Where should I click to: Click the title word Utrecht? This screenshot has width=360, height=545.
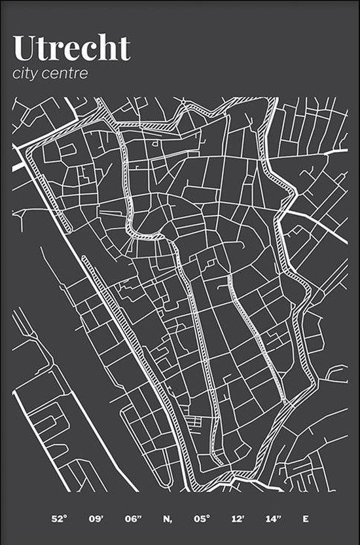pyautogui.click(x=71, y=48)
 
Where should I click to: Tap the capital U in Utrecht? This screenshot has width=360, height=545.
pyautogui.click(x=24, y=48)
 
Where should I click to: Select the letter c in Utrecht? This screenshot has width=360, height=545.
pyautogui.click(x=92, y=51)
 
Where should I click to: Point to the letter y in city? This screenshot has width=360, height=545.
pyautogui.click(x=34, y=75)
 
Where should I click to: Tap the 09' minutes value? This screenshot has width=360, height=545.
pyautogui.click(x=96, y=519)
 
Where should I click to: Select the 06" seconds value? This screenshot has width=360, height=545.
pyautogui.click(x=134, y=519)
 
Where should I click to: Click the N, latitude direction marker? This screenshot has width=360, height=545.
pyautogui.click(x=168, y=519)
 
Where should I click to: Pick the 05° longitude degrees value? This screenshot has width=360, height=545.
pyautogui.click(x=202, y=519)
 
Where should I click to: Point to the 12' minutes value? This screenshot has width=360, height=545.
pyautogui.click(x=236, y=519)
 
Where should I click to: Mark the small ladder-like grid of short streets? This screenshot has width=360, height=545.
pyautogui.click(x=193, y=424)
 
